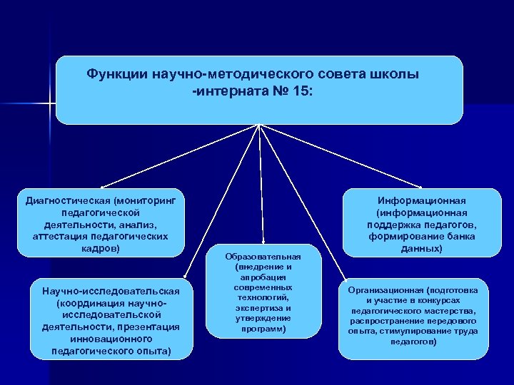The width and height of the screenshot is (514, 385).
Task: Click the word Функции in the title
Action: click(x=116, y=74)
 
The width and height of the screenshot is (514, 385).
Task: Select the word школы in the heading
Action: click(x=394, y=74)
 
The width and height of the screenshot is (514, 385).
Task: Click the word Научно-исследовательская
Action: click(x=111, y=291)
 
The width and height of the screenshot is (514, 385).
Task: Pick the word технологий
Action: click(x=263, y=297)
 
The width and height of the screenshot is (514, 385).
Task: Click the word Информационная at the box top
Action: click(x=422, y=200)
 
